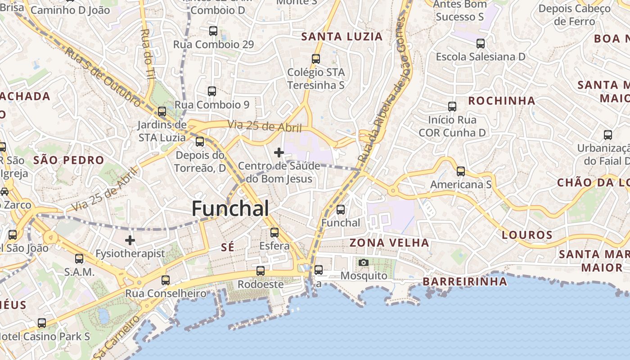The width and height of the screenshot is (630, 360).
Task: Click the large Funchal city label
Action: point(230,208)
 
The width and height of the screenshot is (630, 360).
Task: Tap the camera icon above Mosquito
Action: point(364,262)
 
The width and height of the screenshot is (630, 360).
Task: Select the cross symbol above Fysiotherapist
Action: point(130,240)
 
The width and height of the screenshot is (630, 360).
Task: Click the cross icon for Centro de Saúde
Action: point(279,153)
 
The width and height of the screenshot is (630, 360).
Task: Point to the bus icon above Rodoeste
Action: point(261,271)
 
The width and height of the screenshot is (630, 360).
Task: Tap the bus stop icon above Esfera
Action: point(274,233)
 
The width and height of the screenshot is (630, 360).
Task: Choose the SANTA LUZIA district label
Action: point(342,36)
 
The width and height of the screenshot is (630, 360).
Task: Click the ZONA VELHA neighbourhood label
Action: point(389,243)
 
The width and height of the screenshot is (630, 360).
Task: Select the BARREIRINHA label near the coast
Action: point(465,282)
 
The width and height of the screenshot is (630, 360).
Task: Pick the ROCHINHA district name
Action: point(502,100)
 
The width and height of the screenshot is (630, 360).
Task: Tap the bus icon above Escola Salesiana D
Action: point(481,44)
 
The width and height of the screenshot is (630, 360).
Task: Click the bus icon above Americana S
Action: point(461,171)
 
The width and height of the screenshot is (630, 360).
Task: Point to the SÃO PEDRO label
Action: point(68,160)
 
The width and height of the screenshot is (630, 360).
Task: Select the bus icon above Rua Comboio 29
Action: point(213,31)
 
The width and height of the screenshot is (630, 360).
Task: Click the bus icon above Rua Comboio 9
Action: point(212,91)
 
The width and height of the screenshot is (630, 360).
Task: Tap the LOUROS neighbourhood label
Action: point(527,235)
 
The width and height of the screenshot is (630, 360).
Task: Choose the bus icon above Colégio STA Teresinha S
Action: point(316,59)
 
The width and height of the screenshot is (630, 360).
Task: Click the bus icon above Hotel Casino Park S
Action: point(42,323)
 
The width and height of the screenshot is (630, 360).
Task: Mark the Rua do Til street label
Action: point(147,54)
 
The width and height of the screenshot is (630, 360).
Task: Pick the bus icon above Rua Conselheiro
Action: point(166,280)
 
